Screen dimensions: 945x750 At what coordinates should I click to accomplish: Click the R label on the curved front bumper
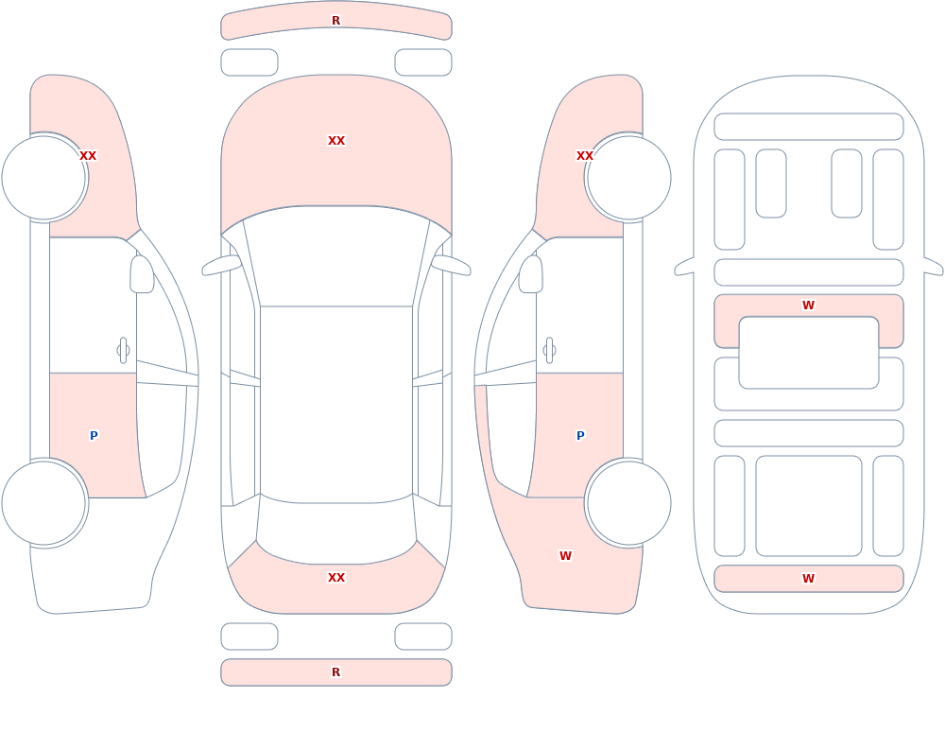pos(335,21)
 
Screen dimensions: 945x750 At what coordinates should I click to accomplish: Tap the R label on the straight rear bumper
pos(335,672)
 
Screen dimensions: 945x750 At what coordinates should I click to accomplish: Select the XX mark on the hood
pos(336,141)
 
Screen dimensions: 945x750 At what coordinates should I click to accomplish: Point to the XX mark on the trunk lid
pos(336,578)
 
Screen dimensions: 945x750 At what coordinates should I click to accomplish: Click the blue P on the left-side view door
pos(94,436)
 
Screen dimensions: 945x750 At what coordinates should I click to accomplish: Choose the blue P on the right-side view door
pos(580,436)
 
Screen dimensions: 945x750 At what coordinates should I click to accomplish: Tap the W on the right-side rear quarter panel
pos(565,556)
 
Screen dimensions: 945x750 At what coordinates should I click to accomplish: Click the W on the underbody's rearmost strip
pos(808,579)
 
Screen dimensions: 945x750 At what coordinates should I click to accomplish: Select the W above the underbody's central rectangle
pos(808,305)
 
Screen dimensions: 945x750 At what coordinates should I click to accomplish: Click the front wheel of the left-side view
pos(44,178)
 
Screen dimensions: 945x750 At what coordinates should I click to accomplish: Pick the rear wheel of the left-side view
pos(44,502)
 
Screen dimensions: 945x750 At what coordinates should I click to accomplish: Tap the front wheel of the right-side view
pos(628,178)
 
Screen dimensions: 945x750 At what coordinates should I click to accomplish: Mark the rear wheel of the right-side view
pos(628,502)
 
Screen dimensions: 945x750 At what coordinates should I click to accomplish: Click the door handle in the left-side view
pos(123,351)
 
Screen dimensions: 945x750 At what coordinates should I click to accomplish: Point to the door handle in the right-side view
pos(549,351)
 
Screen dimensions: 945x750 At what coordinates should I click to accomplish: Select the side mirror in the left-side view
pos(142,274)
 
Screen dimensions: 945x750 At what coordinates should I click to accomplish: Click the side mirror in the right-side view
pos(531,274)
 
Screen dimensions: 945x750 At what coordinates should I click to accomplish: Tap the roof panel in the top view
pos(336,404)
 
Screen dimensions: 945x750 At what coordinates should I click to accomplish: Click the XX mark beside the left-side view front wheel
pos(88,156)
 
